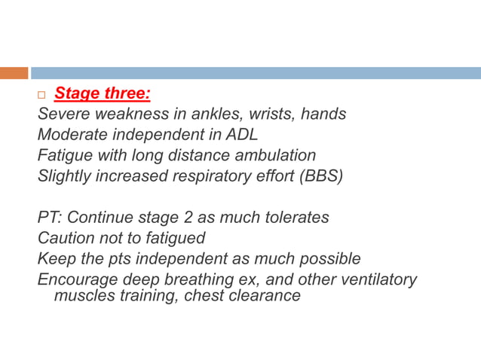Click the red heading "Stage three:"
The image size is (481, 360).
click(x=103, y=95)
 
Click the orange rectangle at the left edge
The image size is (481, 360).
click(x=14, y=73)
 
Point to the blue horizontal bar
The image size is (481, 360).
click(x=256, y=73)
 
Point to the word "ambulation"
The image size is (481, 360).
click(x=273, y=156)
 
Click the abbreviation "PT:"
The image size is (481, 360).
click(x=51, y=218)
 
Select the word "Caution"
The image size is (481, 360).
click(x=67, y=238)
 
